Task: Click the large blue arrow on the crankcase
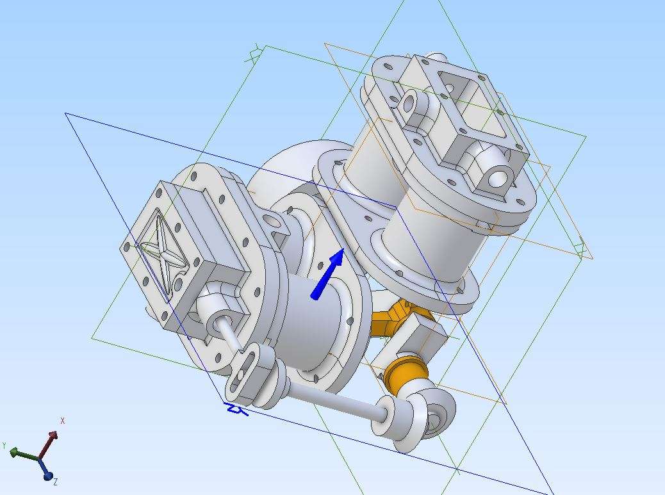point(327,274)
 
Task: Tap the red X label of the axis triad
point(63,421)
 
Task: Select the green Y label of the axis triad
point(4,446)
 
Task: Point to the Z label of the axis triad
point(56,482)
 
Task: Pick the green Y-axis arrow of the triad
point(24,454)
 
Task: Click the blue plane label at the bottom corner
point(236,409)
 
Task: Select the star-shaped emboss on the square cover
point(163,255)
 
